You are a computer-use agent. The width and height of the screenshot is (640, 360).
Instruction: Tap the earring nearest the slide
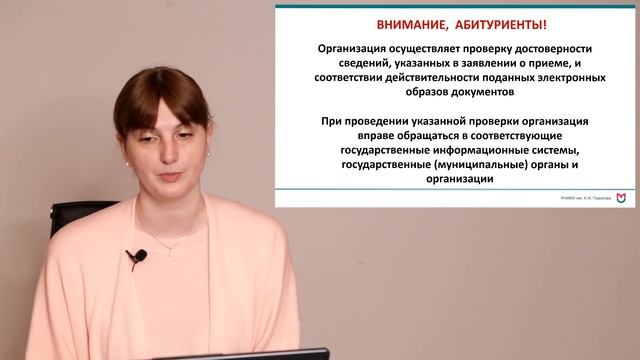tap(208, 152)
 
